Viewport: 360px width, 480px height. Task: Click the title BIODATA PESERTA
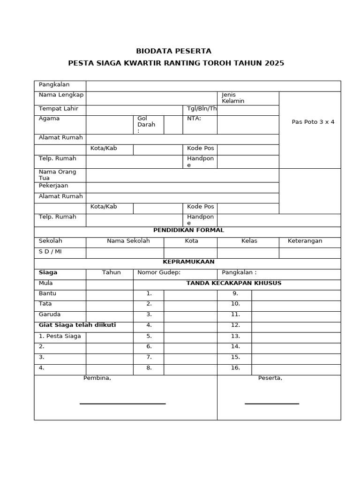coord(173,51)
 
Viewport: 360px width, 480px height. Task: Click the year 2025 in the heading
coord(274,63)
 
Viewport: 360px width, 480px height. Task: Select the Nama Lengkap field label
coord(61,95)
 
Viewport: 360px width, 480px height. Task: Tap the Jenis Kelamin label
coord(233,98)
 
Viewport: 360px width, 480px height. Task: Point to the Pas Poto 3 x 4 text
coord(313,122)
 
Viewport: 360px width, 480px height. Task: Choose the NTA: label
coord(194,119)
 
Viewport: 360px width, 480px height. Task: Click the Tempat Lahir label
coord(59,109)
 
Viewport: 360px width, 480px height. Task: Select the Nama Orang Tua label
coord(57,175)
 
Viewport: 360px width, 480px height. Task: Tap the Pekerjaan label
coord(53,186)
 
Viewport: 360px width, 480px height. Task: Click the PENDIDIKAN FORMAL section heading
coord(188,230)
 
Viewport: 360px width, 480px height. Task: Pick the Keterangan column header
coord(305,241)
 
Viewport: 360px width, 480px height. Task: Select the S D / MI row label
coord(50,252)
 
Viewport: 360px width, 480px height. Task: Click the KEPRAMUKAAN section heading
coord(188,262)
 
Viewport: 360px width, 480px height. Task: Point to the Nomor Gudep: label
coord(158,273)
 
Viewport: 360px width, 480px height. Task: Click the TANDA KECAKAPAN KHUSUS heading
coord(233,283)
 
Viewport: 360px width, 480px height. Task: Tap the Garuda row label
coord(50,315)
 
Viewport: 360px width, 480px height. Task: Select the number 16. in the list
coord(235,368)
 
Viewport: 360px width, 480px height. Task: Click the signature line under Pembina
coord(122,404)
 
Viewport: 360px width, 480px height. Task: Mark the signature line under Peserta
coord(271,404)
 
